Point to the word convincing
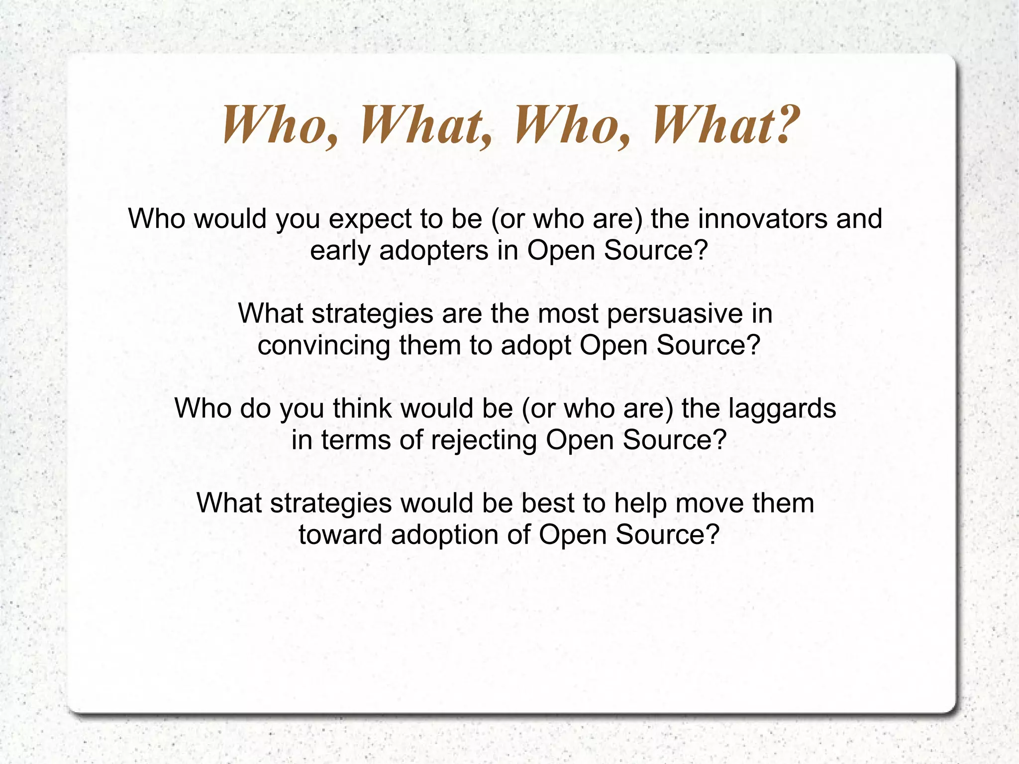(323, 345)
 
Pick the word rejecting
(484, 440)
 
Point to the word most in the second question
(568, 314)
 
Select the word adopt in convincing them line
(536, 346)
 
